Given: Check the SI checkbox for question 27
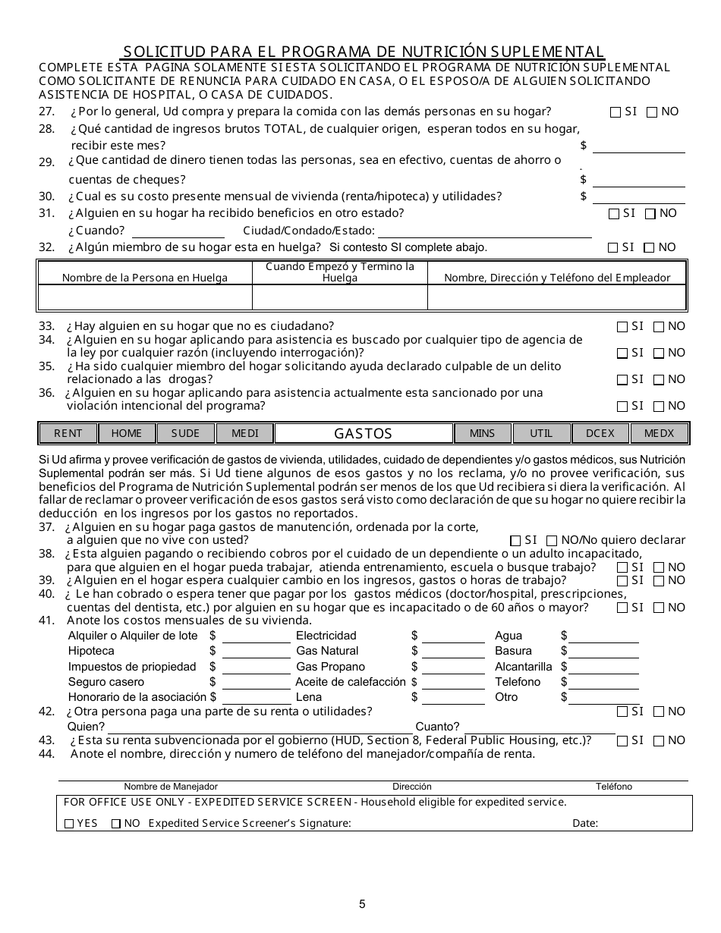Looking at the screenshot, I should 616,112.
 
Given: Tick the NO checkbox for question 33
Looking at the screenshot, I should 659,327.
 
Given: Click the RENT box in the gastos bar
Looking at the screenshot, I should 68,433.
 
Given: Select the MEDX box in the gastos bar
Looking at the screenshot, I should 659,433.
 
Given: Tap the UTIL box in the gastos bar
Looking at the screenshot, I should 541,433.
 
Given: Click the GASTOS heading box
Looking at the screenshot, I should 364,433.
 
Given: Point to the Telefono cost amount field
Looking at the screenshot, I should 603,682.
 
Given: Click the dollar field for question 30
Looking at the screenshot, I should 638,196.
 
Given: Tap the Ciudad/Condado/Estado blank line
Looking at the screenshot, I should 484,231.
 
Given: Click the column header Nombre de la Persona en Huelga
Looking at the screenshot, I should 145,278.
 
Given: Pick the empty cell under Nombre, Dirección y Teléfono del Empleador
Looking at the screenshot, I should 556,297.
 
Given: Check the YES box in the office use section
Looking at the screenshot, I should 69,824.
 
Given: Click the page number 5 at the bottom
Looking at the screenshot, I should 362,903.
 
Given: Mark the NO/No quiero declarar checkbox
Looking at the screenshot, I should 552,541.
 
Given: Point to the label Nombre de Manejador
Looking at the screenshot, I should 171,787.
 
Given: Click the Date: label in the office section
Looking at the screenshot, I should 585,824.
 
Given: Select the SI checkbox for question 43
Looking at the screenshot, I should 622,741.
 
